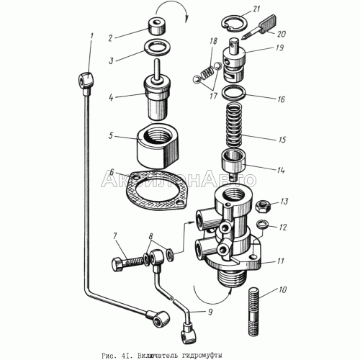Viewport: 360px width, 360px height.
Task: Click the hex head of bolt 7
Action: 117,264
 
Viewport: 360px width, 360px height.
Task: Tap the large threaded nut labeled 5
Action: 158,145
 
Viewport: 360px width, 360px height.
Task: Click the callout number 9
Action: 210,312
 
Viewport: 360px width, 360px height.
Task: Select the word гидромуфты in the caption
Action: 202,355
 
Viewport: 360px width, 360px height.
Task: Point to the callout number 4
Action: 111,98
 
